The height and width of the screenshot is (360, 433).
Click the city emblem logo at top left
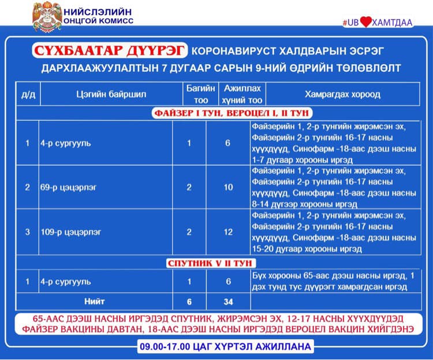(47, 18)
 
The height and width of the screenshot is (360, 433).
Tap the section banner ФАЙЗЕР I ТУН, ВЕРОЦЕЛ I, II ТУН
(216, 113)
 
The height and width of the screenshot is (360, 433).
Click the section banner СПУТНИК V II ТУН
(216, 263)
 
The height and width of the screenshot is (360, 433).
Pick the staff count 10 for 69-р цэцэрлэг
(228, 187)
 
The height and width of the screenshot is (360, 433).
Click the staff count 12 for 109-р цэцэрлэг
(228, 232)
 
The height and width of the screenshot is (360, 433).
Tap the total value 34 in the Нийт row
(228, 302)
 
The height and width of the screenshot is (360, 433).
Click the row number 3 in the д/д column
(27, 232)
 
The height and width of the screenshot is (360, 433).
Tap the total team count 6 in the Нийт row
(189, 302)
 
